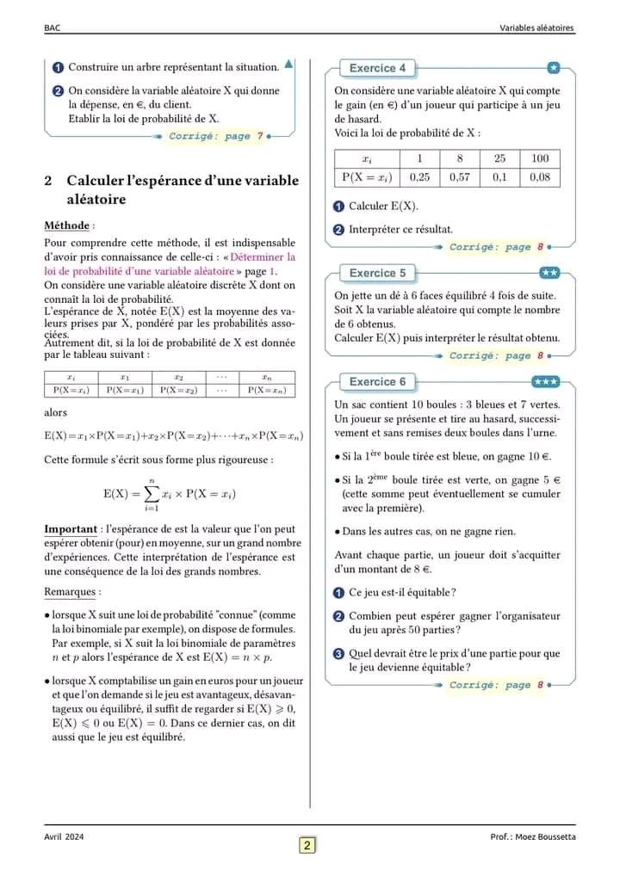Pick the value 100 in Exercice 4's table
(x=540, y=158)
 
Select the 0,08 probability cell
(x=540, y=177)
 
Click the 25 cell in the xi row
(x=500, y=158)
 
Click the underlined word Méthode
(x=66, y=225)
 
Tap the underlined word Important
(x=70, y=529)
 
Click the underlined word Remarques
(x=71, y=592)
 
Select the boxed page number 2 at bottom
(x=307, y=845)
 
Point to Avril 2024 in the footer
(x=65, y=836)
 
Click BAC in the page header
(x=52, y=28)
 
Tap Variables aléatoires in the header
(x=536, y=28)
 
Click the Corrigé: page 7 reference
(x=216, y=136)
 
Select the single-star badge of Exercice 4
(x=554, y=68)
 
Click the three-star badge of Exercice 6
(x=546, y=381)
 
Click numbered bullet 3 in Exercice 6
(x=338, y=654)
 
